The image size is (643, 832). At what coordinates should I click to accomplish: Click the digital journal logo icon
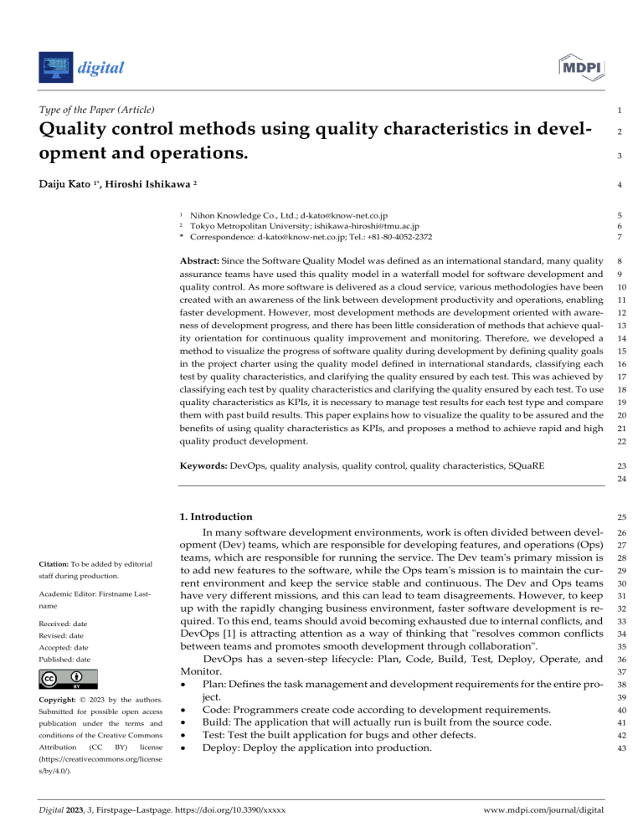(x=55, y=66)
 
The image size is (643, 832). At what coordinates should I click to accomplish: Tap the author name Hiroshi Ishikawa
(x=160, y=183)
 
